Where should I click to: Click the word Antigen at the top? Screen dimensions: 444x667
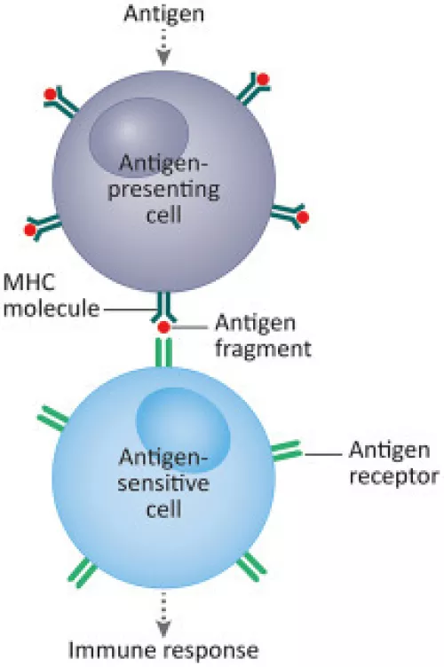tap(164, 15)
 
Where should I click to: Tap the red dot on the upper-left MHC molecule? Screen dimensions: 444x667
tap(51, 94)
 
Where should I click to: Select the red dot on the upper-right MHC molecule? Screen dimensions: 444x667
tap(263, 79)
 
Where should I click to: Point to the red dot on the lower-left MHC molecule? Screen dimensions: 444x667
tap(30, 230)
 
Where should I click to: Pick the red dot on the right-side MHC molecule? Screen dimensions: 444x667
tap(303, 217)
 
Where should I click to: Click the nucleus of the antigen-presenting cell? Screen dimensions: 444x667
tap(139, 137)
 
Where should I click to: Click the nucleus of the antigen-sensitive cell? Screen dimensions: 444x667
tap(183, 429)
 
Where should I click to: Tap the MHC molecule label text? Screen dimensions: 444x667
tap(52, 295)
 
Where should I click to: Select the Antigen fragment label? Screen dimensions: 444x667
tap(263, 336)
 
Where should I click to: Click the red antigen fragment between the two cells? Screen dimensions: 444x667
tap(164, 327)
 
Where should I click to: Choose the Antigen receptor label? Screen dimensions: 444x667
tap(393, 463)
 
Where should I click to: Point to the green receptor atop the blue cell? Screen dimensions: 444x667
tap(164, 352)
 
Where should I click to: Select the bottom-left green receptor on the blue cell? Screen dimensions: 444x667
tap(82, 573)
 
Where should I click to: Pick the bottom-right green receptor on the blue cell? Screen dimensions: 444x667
tap(251, 567)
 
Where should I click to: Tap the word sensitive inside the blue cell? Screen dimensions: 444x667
tap(163, 483)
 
